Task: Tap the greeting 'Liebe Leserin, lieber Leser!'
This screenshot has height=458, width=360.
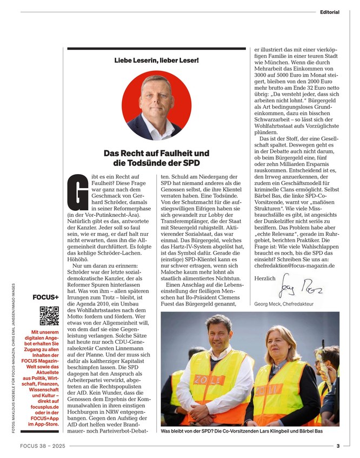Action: (156, 61)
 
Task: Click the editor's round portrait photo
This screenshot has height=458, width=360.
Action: (156, 106)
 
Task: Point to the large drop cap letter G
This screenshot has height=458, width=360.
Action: (75, 192)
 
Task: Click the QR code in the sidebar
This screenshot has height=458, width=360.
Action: (49, 315)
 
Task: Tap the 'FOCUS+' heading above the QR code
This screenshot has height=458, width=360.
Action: (45, 297)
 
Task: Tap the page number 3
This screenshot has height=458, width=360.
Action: (337, 446)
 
